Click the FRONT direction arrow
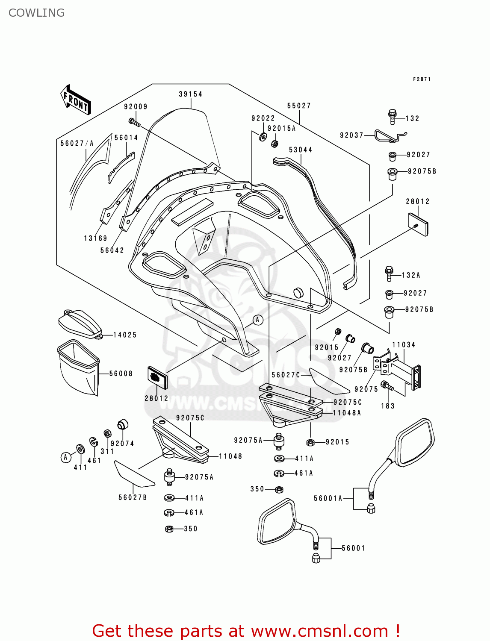(x=76, y=100)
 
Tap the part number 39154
(x=190, y=94)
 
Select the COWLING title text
(x=37, y=13)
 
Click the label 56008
(x=121, y=373)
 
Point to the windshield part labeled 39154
(x=180, y=141)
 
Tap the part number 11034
(x=404, y=345)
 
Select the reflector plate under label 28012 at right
(x=418, y=225)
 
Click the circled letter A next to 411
(x=65, y=457)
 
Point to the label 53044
(x=301, y=150)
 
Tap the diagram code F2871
(x=422, y=79)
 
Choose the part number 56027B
(x=133, y=497)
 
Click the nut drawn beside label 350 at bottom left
(x=169, y=529)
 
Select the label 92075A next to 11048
(x=199, y=477)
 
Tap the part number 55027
(x=299, y=106)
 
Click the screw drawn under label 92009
(x=134, y=122)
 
